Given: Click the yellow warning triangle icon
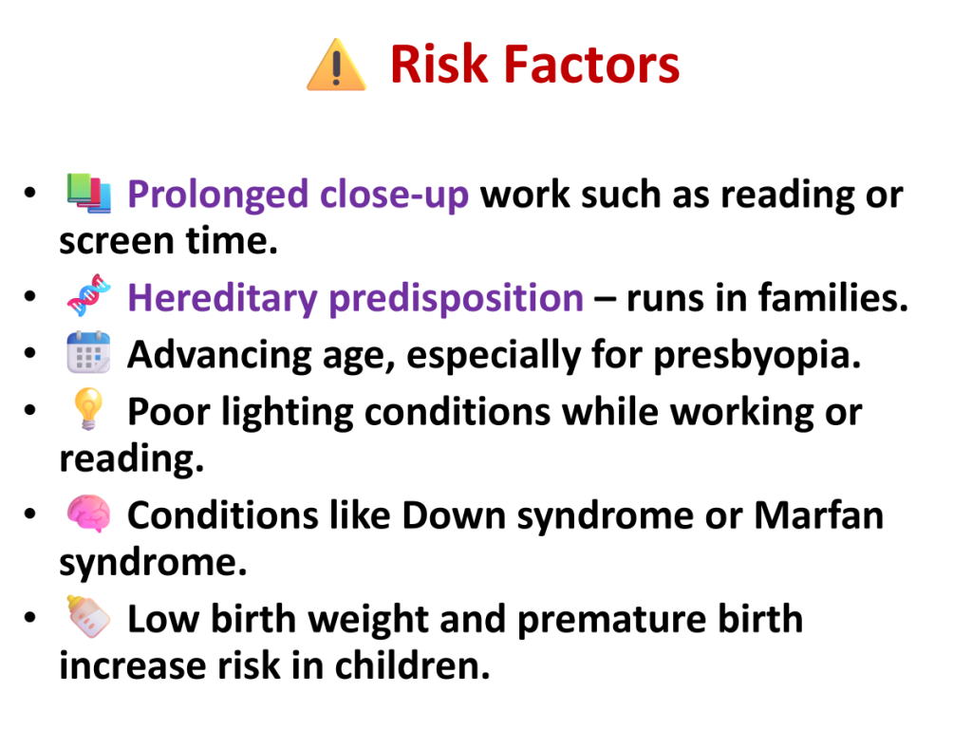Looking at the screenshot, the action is [337, 65].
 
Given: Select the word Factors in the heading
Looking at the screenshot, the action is [592, 64].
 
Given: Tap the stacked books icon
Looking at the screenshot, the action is [89, 194].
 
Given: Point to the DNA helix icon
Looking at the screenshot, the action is [89, 295].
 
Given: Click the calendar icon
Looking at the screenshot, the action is [88, 352].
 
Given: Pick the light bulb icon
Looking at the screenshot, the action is [88, 408].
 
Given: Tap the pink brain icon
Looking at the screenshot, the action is [89, 514].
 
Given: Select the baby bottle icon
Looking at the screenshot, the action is [88, 616].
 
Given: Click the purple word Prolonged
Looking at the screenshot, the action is [217, 195].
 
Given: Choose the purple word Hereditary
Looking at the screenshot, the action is [222, 298].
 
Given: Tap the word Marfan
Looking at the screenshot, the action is [819, 515].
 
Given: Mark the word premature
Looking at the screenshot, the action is [612, 620].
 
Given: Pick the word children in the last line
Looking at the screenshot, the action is [412, 665].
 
